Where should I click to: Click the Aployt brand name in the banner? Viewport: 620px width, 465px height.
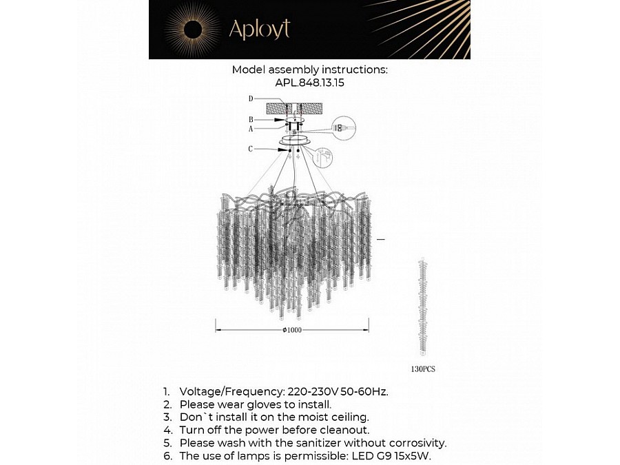point(259,29)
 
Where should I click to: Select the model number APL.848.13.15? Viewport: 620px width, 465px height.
point(309,82)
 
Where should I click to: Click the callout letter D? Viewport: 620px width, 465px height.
point(251,99)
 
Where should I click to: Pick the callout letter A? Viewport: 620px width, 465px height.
point(251,128)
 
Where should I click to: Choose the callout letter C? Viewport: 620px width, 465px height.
point(251,149)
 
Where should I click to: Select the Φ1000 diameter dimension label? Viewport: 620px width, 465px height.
point(292,330)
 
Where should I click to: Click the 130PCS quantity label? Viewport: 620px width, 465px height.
point(423,369)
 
